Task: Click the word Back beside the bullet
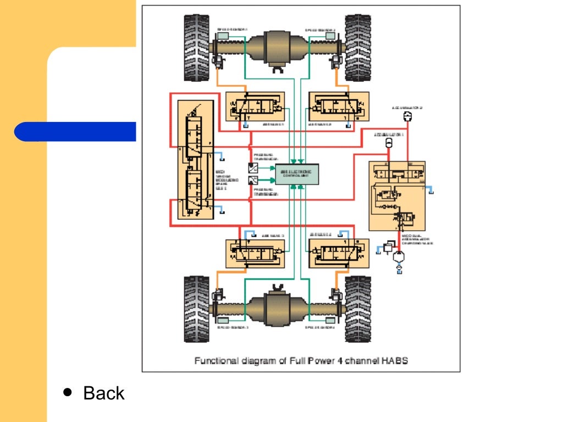coord(103,393)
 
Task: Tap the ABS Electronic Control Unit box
coord(297,174)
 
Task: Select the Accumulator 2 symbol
coord(407,116)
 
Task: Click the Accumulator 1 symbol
coord(388,143)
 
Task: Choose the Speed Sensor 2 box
coord(330,36)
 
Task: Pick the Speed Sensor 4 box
coord(330,319)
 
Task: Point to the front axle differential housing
coord(280,48)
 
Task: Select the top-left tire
coord(197,48)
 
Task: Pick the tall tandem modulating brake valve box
coord(196,160)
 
